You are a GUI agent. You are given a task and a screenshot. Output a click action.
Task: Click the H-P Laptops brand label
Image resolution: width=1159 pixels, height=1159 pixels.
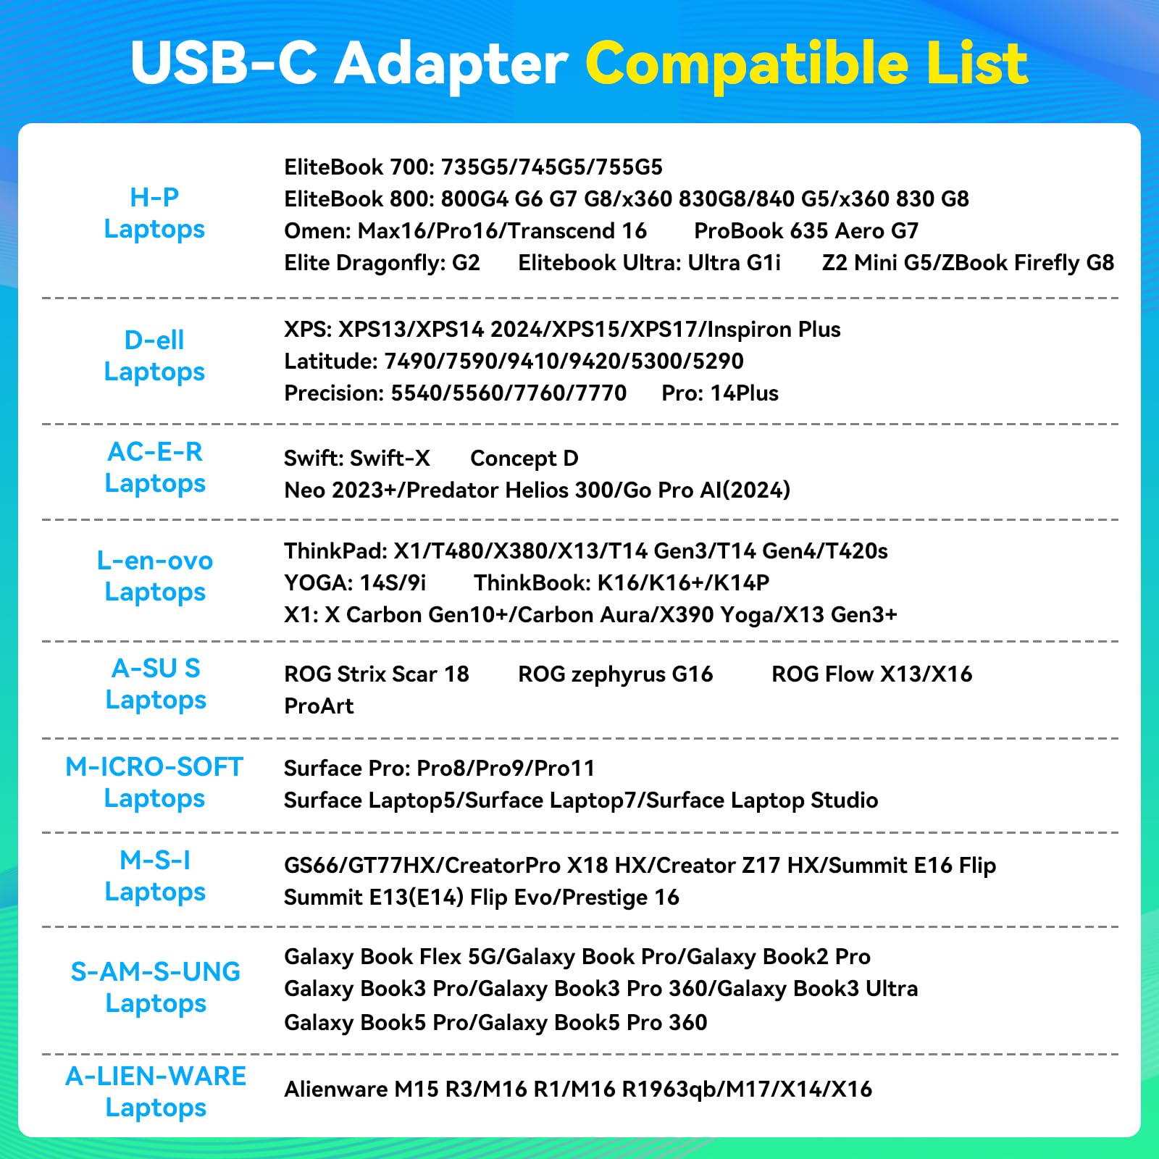154,213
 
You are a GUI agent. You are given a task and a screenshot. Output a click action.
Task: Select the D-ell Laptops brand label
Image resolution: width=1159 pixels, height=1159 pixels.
154,356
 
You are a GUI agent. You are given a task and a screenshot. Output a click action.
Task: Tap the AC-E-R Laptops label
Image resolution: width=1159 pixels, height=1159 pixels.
155,467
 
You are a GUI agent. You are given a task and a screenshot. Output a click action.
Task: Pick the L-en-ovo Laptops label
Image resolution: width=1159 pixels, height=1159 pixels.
155,576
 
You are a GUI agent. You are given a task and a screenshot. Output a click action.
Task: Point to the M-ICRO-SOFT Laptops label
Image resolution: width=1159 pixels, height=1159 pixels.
154,782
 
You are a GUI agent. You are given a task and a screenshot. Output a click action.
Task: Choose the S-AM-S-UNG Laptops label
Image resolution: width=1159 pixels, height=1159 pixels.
156,987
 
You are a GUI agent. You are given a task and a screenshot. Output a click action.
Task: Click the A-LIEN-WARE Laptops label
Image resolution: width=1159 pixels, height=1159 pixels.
156,1092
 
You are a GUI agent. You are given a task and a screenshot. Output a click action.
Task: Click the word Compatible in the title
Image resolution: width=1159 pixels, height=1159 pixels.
746,64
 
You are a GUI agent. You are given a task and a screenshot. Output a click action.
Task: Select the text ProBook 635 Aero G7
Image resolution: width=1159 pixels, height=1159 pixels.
806,231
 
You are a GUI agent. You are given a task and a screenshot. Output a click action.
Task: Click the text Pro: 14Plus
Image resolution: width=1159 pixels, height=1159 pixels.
720,393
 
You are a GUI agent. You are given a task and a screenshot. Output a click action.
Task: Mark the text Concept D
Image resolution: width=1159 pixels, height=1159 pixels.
524,459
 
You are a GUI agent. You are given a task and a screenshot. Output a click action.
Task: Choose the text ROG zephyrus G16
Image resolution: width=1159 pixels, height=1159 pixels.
615,674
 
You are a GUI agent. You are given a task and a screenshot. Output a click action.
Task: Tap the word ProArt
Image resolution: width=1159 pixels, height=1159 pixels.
319,706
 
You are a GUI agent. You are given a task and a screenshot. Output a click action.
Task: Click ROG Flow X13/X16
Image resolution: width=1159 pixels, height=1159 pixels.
871,674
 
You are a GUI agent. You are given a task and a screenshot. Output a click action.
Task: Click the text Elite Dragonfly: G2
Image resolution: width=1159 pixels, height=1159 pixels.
382,263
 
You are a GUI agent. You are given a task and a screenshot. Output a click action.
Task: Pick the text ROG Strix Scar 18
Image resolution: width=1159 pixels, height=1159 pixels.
376,674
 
